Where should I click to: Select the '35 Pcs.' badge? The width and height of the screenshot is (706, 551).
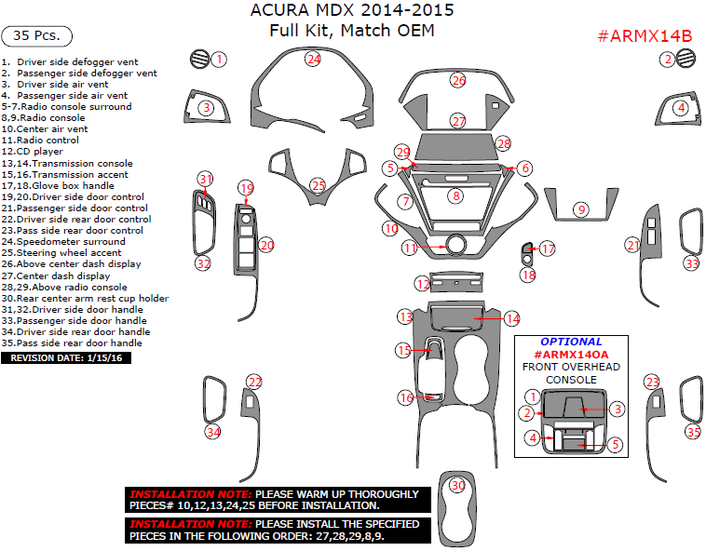click(x=37, y=36)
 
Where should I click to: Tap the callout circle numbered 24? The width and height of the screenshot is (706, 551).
click(x=314, y=59)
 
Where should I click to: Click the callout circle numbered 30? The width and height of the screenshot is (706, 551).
click(x=457, y=485)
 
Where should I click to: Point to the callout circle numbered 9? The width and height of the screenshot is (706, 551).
click(x=581, y=210)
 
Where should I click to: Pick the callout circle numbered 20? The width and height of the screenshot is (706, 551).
click(x=266, y=245)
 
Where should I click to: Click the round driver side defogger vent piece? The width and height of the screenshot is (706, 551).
click(x=197, y=60)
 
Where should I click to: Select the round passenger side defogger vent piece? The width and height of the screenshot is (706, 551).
click(x=687, y=60)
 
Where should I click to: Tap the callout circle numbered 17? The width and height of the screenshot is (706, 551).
click(x=548, y=249)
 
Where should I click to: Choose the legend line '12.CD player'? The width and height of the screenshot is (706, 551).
click(x=33, y=151)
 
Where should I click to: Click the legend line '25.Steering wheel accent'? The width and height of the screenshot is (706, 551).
click(x=61, y=252)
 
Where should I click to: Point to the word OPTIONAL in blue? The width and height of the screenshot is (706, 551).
click(x=571, y=342)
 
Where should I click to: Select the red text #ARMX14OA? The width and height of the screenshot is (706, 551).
click(x=571, y=355)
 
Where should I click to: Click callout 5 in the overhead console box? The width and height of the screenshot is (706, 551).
click(x=616, y=445)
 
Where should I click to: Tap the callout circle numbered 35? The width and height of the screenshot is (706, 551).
click(x=692, y=432)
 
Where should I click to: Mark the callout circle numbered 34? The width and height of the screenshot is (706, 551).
click(x=214, y=432)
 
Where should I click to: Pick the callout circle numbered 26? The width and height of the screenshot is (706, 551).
click(x=458, y=81)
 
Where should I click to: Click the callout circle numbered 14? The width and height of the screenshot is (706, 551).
click(x=512, y=318)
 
